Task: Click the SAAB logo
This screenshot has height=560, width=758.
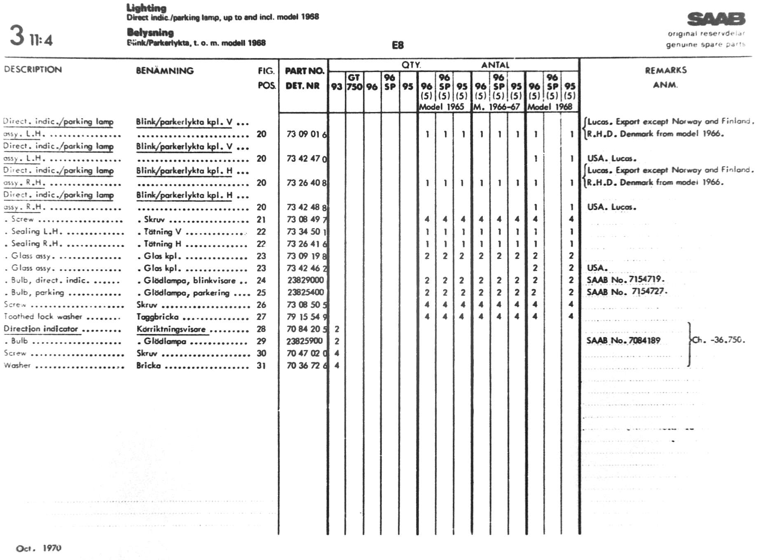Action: [x=716, y=19]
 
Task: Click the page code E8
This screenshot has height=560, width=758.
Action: [x=398, y=45]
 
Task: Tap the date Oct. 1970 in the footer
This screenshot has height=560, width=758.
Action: [x=38, y=548]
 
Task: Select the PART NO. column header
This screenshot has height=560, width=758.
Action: [x=304, y=71]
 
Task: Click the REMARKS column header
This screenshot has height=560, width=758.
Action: [x=666, y=70]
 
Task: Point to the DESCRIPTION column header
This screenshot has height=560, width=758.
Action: [x=33, y=70]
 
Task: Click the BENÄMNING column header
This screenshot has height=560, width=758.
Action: [x=164, y=71]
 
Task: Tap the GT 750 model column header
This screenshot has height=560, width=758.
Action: [x=354, y=82]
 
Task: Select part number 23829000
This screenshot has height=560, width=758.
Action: [x=305, y=280]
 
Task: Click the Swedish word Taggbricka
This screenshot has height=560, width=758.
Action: [x=158, y=317]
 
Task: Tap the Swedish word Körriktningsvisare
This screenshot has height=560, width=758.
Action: [x=171, y=329]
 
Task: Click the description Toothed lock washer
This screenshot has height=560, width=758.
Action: [x=43, y=317]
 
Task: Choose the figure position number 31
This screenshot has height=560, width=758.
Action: [x=261, y=366]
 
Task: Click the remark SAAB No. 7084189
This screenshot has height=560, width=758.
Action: [x=623, y=341]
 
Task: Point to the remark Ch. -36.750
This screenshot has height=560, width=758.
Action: [x=718, y=340]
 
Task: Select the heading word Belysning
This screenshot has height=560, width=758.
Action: [x=150, y=33]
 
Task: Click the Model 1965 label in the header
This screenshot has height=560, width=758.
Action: [x=441, y=107]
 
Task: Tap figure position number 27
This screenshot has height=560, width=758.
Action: [x=261, y=317]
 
